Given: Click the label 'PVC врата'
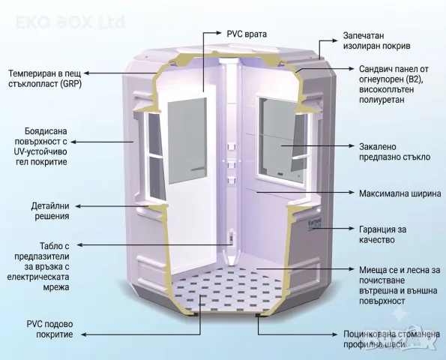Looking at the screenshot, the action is (247, 34).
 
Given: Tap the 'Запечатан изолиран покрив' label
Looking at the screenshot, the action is (376, 40).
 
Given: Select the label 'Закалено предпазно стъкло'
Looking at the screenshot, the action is (394, 151).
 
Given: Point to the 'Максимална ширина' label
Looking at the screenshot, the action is (400, 193).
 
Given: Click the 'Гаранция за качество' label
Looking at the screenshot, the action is (382, 235).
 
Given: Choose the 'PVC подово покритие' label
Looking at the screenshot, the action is (49, 329).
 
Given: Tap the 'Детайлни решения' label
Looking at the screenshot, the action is (50, 211).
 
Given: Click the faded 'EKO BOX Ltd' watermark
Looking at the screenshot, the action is (70, 22).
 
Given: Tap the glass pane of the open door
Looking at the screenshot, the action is (187, 141).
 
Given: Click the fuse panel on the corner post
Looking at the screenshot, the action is (232, 237).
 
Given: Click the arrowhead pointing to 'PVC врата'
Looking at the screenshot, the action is (219, 32).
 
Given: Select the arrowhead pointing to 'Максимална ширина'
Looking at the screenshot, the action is (351, 193).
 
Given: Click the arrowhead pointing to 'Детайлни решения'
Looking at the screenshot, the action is (78, 206).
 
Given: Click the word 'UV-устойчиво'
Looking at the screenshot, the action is (40, 151).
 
